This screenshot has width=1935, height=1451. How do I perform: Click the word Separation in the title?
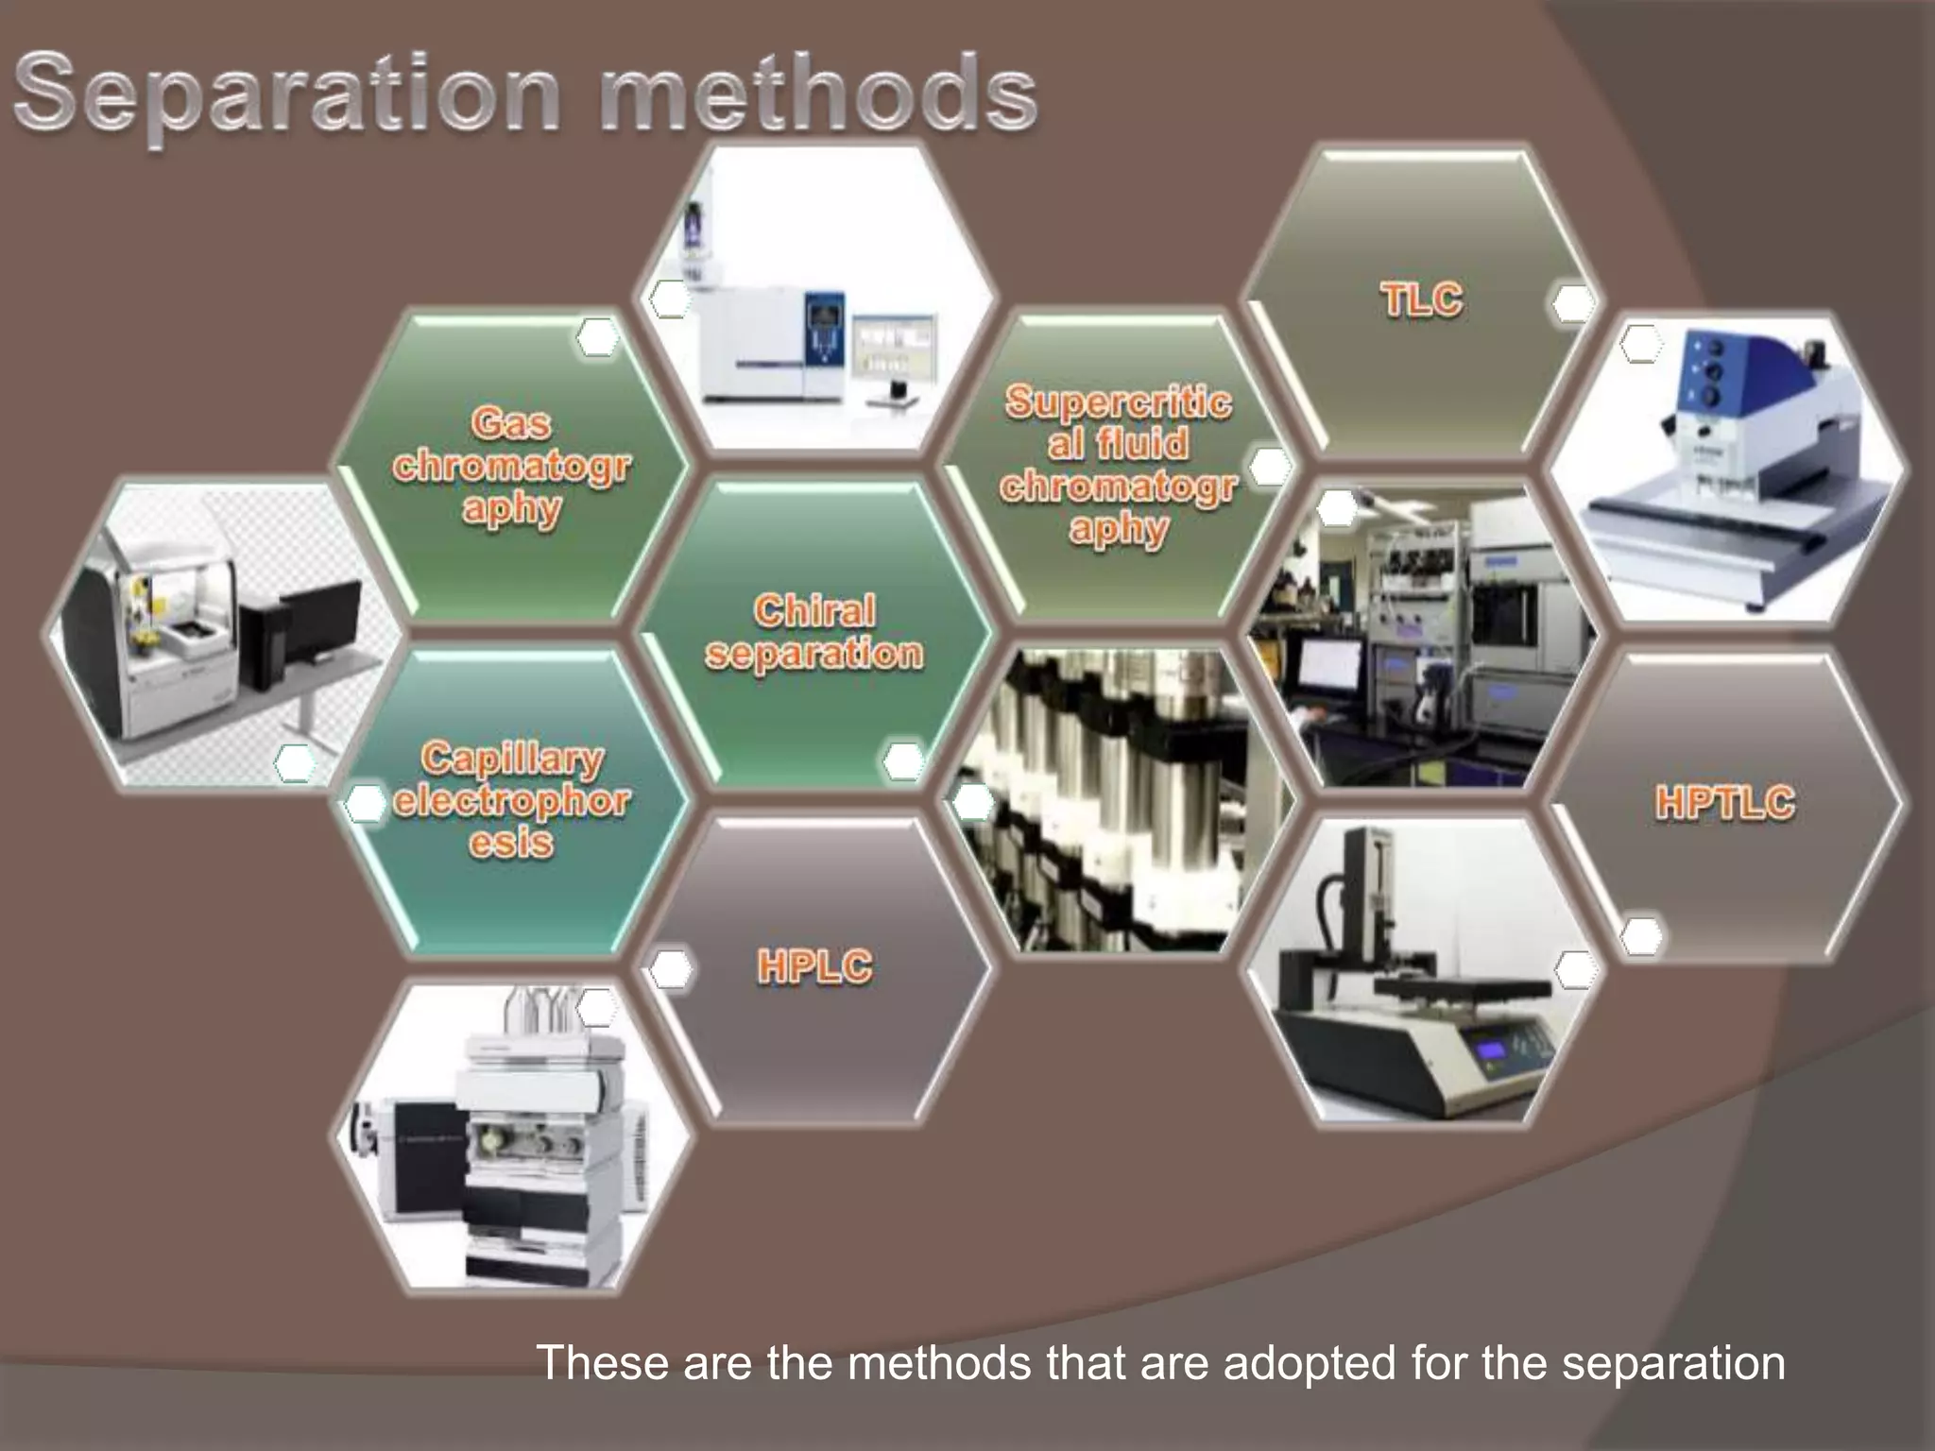(288, 94)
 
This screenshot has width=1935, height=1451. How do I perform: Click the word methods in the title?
(817, 94)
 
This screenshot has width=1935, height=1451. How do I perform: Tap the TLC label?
(1421, 300)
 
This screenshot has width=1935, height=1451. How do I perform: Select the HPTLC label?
(1724, 803)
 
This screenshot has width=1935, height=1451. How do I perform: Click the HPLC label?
(814, 967)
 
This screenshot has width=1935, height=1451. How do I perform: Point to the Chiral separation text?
(813, 632)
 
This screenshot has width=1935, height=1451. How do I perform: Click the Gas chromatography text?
(511, 466)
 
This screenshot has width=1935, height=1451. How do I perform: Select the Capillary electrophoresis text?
(511, 800)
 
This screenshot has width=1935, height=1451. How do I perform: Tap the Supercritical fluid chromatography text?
(1118, 465)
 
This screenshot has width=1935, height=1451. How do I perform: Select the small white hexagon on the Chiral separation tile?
(902, 760)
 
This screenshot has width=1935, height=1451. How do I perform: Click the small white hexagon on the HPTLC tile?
(1641, 935)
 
